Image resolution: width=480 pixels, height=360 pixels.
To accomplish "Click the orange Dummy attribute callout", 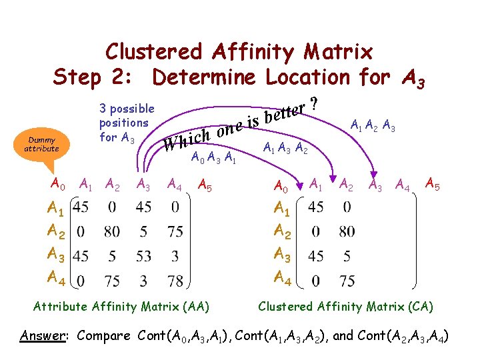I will coord(41,144).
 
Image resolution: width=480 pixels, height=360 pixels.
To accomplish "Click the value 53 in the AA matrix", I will coord(143,255).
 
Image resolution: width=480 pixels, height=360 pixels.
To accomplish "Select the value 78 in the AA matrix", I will coord(175,281).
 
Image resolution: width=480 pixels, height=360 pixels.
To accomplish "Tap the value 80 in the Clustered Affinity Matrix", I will coord(347,232).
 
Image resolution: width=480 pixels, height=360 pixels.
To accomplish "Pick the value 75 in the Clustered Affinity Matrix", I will coord(347,281).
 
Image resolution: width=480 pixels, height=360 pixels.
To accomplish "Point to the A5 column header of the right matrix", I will coord(432,182).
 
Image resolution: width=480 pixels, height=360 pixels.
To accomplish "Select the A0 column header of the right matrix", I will coord(283,184).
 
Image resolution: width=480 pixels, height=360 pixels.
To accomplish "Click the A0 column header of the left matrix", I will coord(58,183).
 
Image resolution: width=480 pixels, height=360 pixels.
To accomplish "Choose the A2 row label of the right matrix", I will coord(283,232).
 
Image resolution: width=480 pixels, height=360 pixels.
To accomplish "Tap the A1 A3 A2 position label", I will coord(285,148).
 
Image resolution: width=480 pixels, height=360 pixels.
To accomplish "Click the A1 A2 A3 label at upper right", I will coord(373,125).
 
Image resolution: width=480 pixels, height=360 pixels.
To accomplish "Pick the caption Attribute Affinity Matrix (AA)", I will coord(121,307).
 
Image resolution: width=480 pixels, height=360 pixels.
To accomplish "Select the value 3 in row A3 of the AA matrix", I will coord(175,255).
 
